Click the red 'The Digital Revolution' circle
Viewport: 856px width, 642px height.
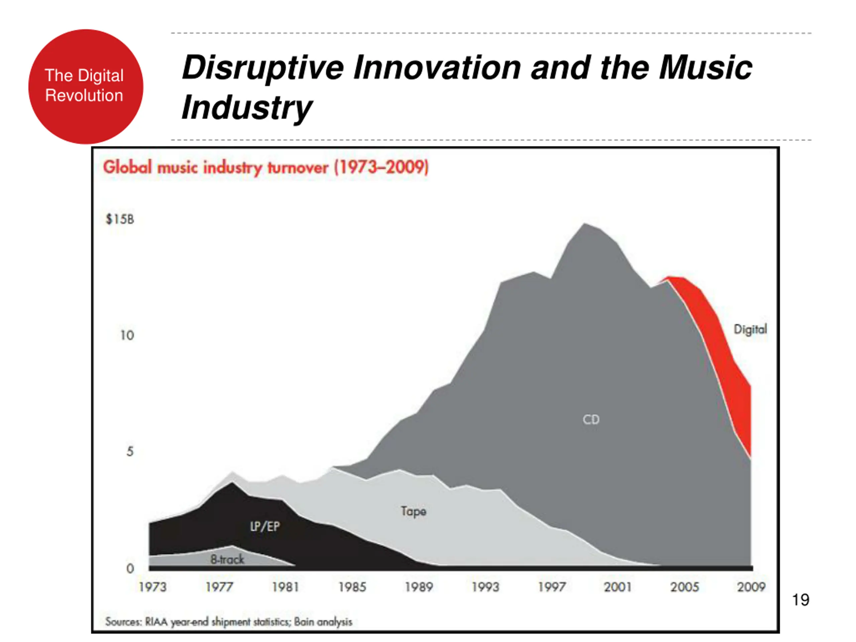click(86, 86)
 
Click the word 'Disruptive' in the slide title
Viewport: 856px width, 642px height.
click(262, 68)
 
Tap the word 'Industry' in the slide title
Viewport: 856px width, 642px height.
click(246, 108)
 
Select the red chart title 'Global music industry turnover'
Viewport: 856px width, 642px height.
click(265, 168)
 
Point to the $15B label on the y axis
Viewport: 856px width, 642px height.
click(120, 219)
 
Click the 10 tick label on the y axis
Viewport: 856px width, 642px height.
click(127, 335)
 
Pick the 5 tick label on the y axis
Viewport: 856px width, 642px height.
click(130, 451)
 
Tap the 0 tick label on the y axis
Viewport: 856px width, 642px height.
click(130, 568)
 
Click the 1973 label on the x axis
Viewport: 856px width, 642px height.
click(152, 587)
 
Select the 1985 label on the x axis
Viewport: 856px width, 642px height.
click(352, 587)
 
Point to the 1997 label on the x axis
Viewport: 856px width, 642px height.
click(552, 587)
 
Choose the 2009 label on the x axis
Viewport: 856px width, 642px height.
click(751, 587)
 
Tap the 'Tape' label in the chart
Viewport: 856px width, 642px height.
click(413, 511)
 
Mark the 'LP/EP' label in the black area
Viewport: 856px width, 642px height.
click(265, 526)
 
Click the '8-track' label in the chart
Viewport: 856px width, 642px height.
click(227, 559)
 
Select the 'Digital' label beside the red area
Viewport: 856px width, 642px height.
click(750, 329)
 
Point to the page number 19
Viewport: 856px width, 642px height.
click(800, 600)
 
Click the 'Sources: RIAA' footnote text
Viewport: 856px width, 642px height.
click(229, 622)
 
